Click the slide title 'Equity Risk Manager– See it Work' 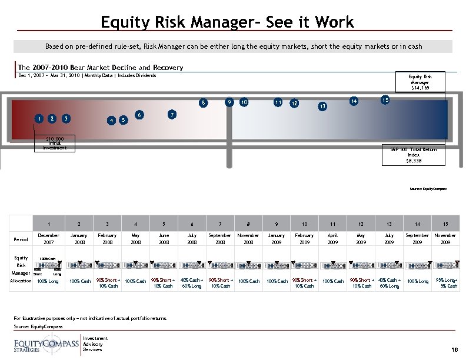227,23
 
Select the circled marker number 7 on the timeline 171,114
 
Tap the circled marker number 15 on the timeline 385,99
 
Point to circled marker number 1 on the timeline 39,118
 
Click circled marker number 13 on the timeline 322,107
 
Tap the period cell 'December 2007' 48,238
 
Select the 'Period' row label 20,239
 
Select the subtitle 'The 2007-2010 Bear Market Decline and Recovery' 101,68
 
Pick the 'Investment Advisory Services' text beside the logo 94,344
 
